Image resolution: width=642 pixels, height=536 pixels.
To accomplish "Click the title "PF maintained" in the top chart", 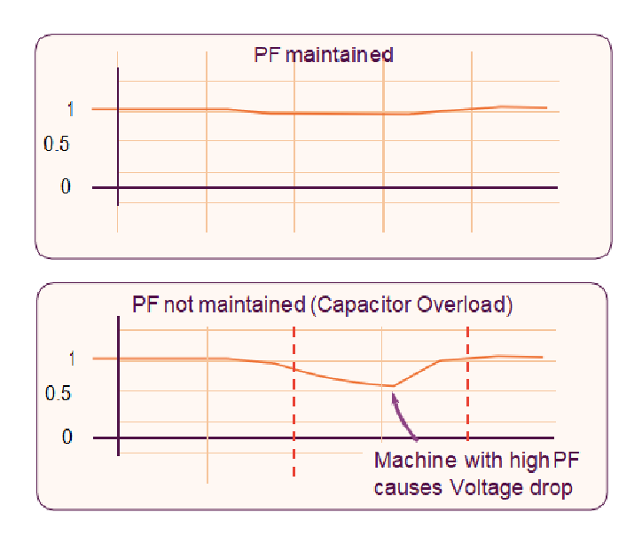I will click(x=324, y=55).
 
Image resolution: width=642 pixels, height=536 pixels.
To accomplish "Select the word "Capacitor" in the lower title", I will click(x=363, y=305).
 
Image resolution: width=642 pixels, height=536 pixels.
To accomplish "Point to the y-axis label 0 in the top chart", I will click(x=66, y=187).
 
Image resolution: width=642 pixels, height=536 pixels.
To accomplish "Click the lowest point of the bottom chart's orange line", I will click(x=392, y=386).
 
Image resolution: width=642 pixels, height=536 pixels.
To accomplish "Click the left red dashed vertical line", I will click(x=294, y=399).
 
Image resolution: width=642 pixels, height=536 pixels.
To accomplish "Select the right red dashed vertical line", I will click(x=468, y=382).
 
